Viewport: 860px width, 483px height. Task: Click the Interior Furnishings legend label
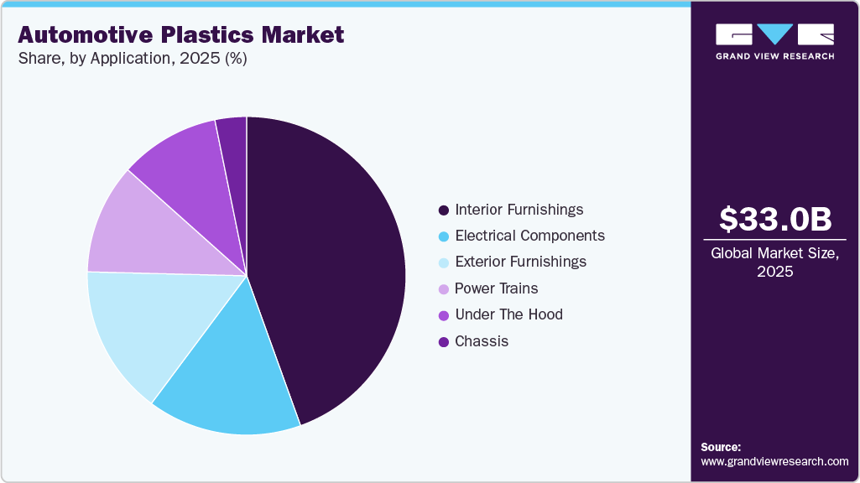pyautogui.click(x=519, y=210)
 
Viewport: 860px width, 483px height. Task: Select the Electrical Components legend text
pyautogui.click(x=529, y=236)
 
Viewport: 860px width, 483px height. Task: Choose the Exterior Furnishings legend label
pyautogui.click(x=520, y=262)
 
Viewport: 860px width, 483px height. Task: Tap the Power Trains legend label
pyautogui.click(x=496, y=288)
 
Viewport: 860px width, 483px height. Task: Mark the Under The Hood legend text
pyautogui.click(x=508, y=314)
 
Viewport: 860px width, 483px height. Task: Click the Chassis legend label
pyautogui.click(x=482, y=341)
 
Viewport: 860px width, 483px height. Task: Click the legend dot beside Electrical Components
pyautogui.click(x=443, y=236)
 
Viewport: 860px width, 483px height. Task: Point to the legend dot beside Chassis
pyautogui.click(x=443, y=342)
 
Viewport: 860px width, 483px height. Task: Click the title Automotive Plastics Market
pyautogui.click(x=180, y=34)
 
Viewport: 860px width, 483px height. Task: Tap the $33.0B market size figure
pyautogui.click(x=775, y=220)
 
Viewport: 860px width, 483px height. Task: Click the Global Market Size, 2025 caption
pyautogui.click(x=774, y=262)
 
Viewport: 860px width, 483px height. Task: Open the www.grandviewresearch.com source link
pyautogui.click(x=774, y=461)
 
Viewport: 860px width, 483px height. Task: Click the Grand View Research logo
pyautogui.click(x=774, y=41)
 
